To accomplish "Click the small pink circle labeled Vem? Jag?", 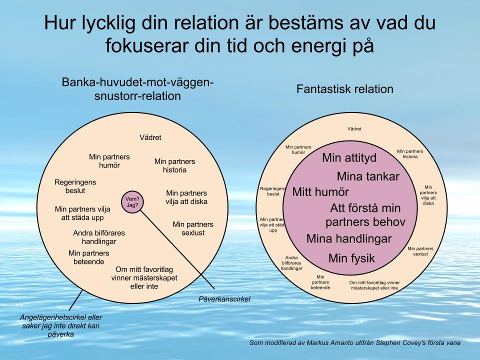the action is pyautogui.click(x=132, y=202).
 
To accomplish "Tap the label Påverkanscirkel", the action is pyautogui.click(x=224, y=299).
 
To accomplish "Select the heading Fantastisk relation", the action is pyautogui.click(x=344, y=89).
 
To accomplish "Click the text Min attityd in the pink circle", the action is pyautogui.click(x=349, y=158).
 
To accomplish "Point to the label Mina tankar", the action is pyautogui.click(x=368, y=176).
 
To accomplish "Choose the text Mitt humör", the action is pyautogui.click(x=320, y=192).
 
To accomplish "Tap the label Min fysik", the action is pyautogui.click(x=351, y=258).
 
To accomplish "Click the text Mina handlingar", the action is pyautogui.click(x=349, y=239).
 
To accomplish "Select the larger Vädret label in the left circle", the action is pyautogui.click(x=150, y=137).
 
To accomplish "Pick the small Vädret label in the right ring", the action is pyautogui.click(x=354, y=129).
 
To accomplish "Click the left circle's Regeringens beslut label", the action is pyautogui.click(x=75, y=186).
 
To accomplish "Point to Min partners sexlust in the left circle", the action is pyautogui.click(x=193, y=228).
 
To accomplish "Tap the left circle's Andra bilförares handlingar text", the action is pyautogui.click(x=99, y=237).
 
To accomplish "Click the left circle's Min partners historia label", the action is pyautogui.click(x=174, y=165).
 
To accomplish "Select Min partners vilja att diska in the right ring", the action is pyautogui.click(x=428, y=195).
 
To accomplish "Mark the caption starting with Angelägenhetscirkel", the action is pyautogui.click(x=61, y=325).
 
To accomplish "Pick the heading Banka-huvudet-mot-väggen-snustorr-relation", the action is pyautogui.click(x=138, y=89).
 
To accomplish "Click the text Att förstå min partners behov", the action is pyautogui.click(x=365, y=215).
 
